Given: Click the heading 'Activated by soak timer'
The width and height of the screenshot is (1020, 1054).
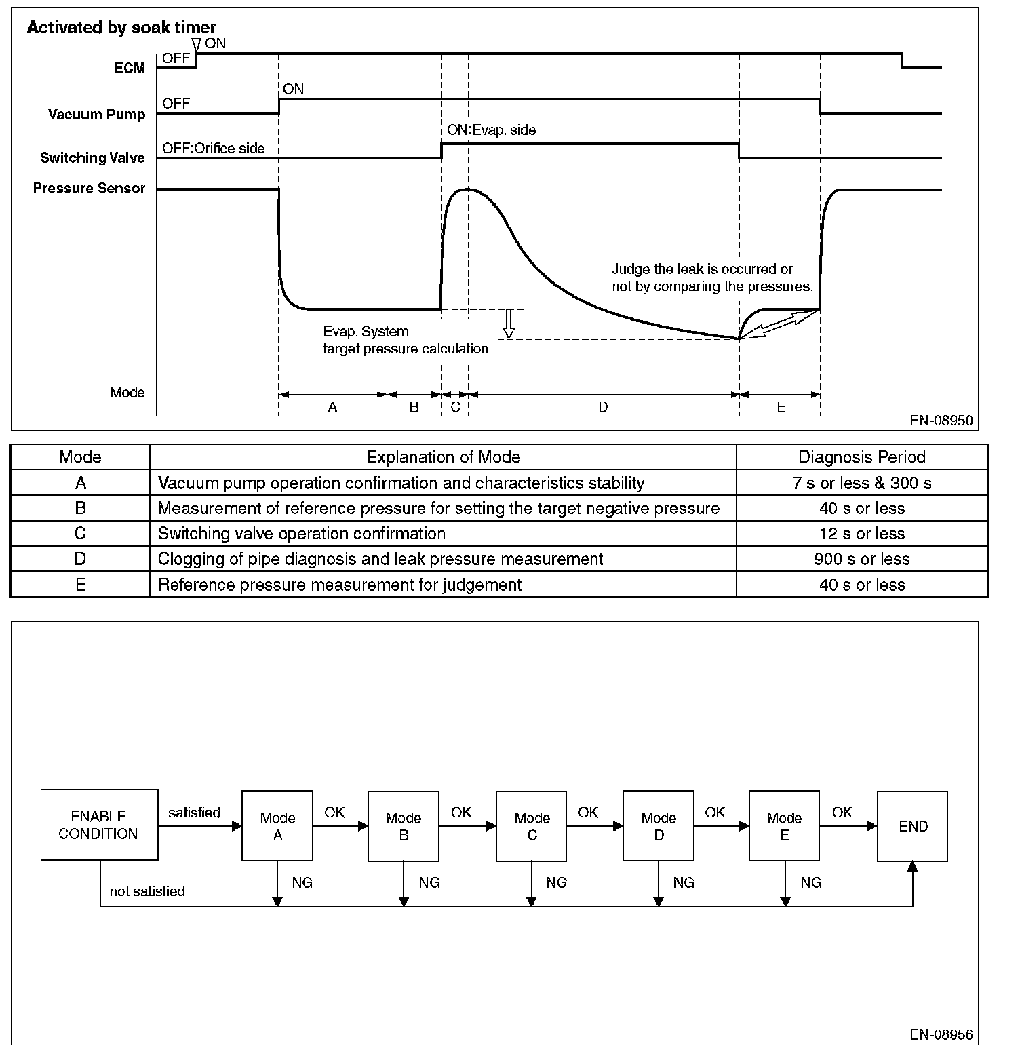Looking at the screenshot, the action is (x=121, y=28).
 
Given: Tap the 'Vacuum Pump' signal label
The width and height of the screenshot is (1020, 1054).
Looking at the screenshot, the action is (x=96, y=114).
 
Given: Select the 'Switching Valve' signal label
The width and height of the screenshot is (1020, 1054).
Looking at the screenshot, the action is (x=92, y=158).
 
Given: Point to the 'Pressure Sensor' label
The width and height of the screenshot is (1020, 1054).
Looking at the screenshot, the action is (x=89, y=188).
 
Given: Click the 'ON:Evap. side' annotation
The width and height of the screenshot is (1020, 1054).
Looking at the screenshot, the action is (x=491, y=130).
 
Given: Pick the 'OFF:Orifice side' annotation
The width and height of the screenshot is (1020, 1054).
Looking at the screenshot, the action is (x=213, y=148).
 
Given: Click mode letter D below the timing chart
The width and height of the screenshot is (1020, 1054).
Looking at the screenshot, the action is (x=603, y=407).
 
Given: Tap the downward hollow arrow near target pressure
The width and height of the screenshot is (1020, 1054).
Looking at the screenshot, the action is (x=508, y=324).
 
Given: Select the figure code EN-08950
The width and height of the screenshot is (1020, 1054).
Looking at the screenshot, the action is (x=941, y=421).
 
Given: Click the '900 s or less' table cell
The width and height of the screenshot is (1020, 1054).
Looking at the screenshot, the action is (x=862, y=559).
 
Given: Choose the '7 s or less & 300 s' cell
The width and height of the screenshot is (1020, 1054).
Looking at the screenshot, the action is (x=862, y=483).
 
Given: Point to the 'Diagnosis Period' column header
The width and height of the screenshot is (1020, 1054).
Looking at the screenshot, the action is (x=862, y=457).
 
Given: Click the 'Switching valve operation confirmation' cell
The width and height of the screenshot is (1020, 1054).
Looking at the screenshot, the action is (x=302, y=534).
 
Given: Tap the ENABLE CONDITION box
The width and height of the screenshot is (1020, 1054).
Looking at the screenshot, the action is (x=99, y=825).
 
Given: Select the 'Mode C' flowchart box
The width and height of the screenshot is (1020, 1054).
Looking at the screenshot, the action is (x=532, y=826).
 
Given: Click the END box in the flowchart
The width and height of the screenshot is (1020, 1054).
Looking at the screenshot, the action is (x=912, y=826).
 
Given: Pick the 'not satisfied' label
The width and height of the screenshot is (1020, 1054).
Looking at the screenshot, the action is (x=147, y=891).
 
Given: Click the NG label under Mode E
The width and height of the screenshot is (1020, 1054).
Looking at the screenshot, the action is (x=811, y=882).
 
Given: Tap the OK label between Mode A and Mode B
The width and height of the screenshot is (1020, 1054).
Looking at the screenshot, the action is (x=334, y=812).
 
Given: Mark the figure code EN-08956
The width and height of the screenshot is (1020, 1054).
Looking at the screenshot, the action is (x=941, y=1035).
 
